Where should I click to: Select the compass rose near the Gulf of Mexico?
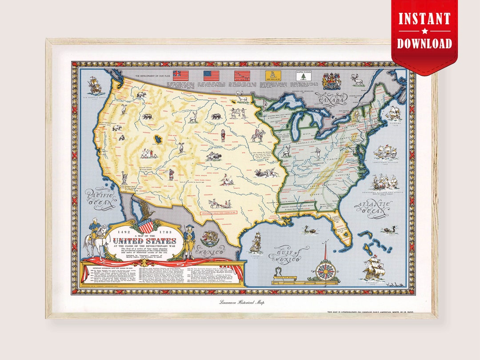(327, 268)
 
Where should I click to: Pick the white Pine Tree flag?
(302, 76)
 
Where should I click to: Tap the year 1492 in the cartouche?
(124, 232)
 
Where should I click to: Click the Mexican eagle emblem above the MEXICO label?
(209, 239)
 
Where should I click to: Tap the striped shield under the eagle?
(145, 224)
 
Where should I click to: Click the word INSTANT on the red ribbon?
(424, 20)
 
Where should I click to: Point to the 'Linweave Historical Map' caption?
(241, 303)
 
